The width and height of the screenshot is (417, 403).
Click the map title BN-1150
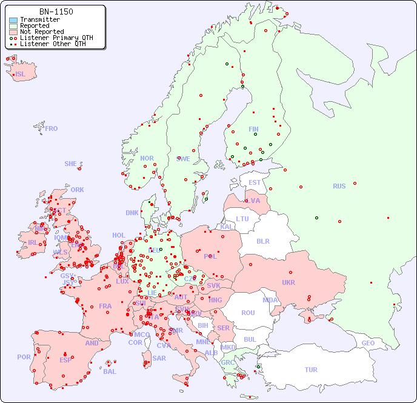(x=56, y=12)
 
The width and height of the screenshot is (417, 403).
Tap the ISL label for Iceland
(x=21, y=75)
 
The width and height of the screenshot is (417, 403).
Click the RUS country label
(x=339, y=186)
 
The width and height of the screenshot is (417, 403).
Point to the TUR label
(x=311, y=370)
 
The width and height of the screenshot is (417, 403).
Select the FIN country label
(x=253, y=129)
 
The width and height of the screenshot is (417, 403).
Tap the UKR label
(x=289, y=282)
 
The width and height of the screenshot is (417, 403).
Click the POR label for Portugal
(x=24, y=357)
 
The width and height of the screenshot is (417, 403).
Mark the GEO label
(x=368, y=343)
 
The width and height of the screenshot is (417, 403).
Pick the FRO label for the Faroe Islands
(x=52, y=128)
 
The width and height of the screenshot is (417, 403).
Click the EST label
(x=255, y=182)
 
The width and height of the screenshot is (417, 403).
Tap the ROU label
(x=248, y=313)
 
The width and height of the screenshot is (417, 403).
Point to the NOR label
(x=147, y=158)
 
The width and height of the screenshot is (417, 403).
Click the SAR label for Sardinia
(x=159, y=358)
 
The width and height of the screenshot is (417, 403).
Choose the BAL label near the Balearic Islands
(x=110, y=371)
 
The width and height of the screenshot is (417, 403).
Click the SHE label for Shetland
(x=71, y=164)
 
